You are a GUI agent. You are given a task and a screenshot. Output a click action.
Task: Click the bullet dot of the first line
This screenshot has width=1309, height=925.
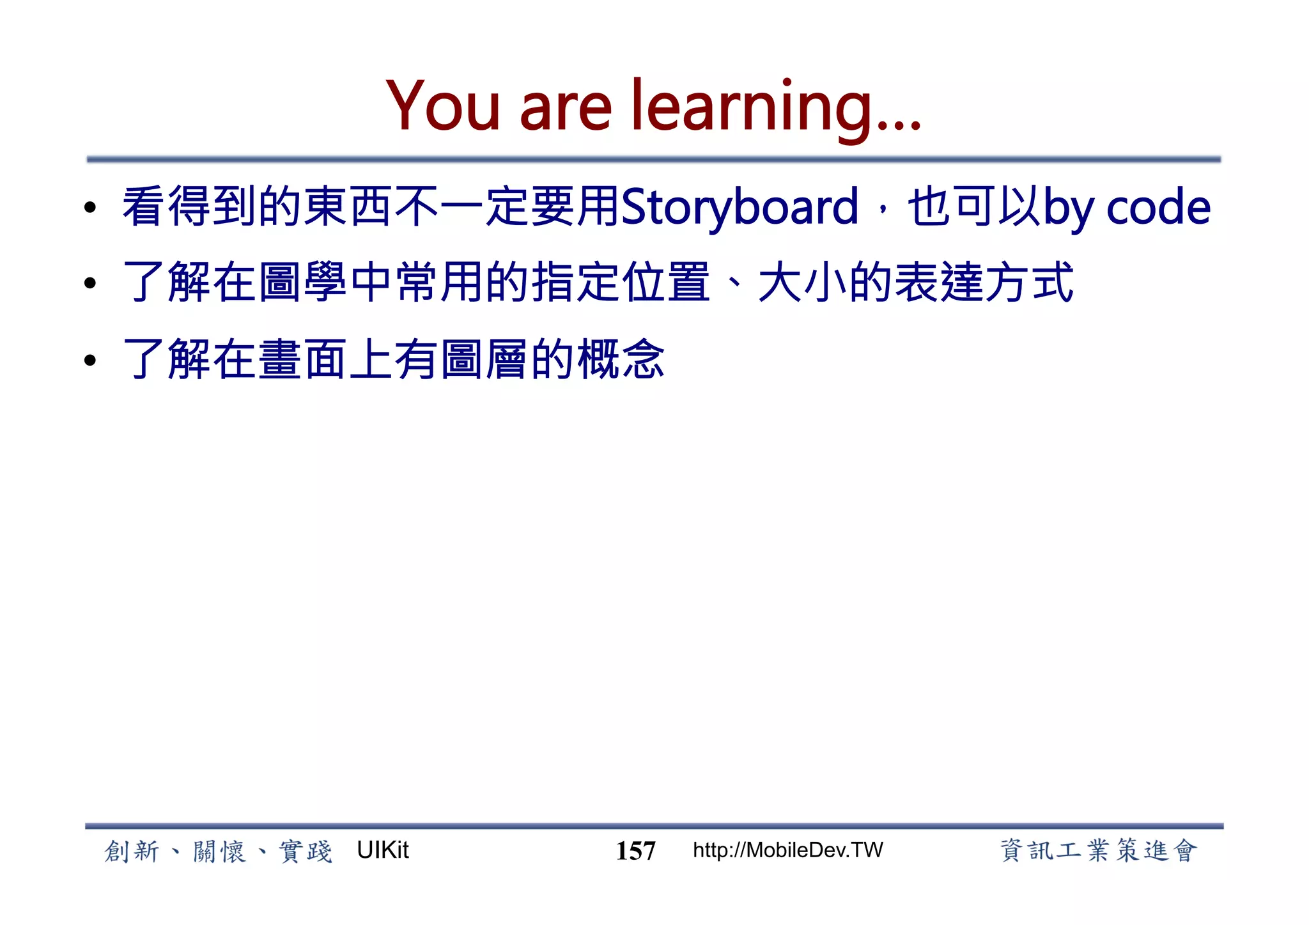[90, 208]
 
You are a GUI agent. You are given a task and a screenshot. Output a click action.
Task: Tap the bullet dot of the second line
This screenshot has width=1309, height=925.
[90, 283]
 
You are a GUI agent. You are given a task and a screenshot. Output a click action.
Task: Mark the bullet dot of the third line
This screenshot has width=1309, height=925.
[90, 360]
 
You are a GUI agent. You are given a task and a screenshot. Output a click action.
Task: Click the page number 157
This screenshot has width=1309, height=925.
[635, 851]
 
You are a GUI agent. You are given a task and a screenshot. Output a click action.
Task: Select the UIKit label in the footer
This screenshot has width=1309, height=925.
[382, 850]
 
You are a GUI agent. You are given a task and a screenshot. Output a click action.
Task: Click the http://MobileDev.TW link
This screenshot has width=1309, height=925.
[787, 850]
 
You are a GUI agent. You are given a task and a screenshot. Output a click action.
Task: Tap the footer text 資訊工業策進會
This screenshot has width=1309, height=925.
[1098, 851]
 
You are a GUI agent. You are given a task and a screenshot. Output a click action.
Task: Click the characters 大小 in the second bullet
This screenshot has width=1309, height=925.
[803, 283]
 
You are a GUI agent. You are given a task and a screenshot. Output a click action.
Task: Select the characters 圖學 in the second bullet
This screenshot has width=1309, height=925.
[303, 283]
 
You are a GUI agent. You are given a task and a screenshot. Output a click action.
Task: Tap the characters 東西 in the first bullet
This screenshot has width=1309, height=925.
[348, 207]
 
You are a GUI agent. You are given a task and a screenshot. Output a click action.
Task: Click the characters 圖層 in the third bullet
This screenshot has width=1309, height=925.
[484, 359]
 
